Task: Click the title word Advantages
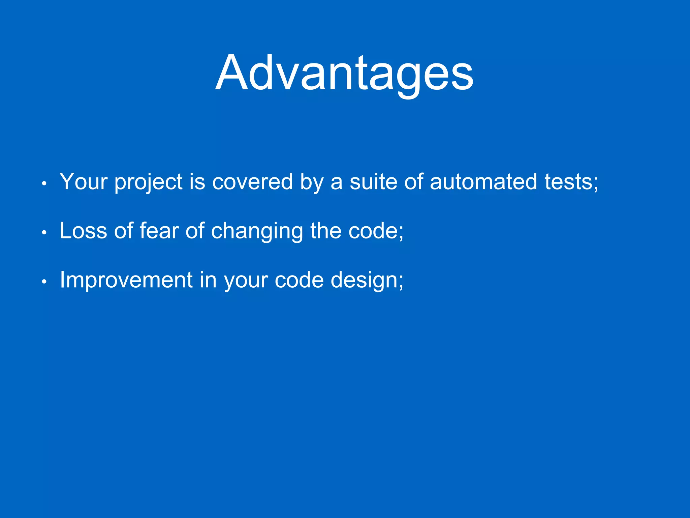pyautogui.click(x=344, y=74)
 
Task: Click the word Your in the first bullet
pyautogui.click(x=83, y=181)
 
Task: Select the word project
pyautogui.click(x=149, y=182)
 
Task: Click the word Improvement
pyautogui.click(x=126, y=280)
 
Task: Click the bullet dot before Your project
pyautogui.click(x=44, y=184)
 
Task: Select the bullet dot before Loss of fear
pyautogui.click(x=44, y=233)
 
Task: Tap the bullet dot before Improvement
pyautogui.click(x=44, y=282)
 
